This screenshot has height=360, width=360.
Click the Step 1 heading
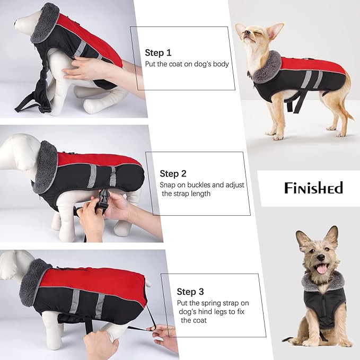click(158, 52)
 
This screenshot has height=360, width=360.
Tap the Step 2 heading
click(173, 173)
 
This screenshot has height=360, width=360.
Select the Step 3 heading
click(190, 292)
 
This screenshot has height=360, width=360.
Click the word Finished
click(313, 188)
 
